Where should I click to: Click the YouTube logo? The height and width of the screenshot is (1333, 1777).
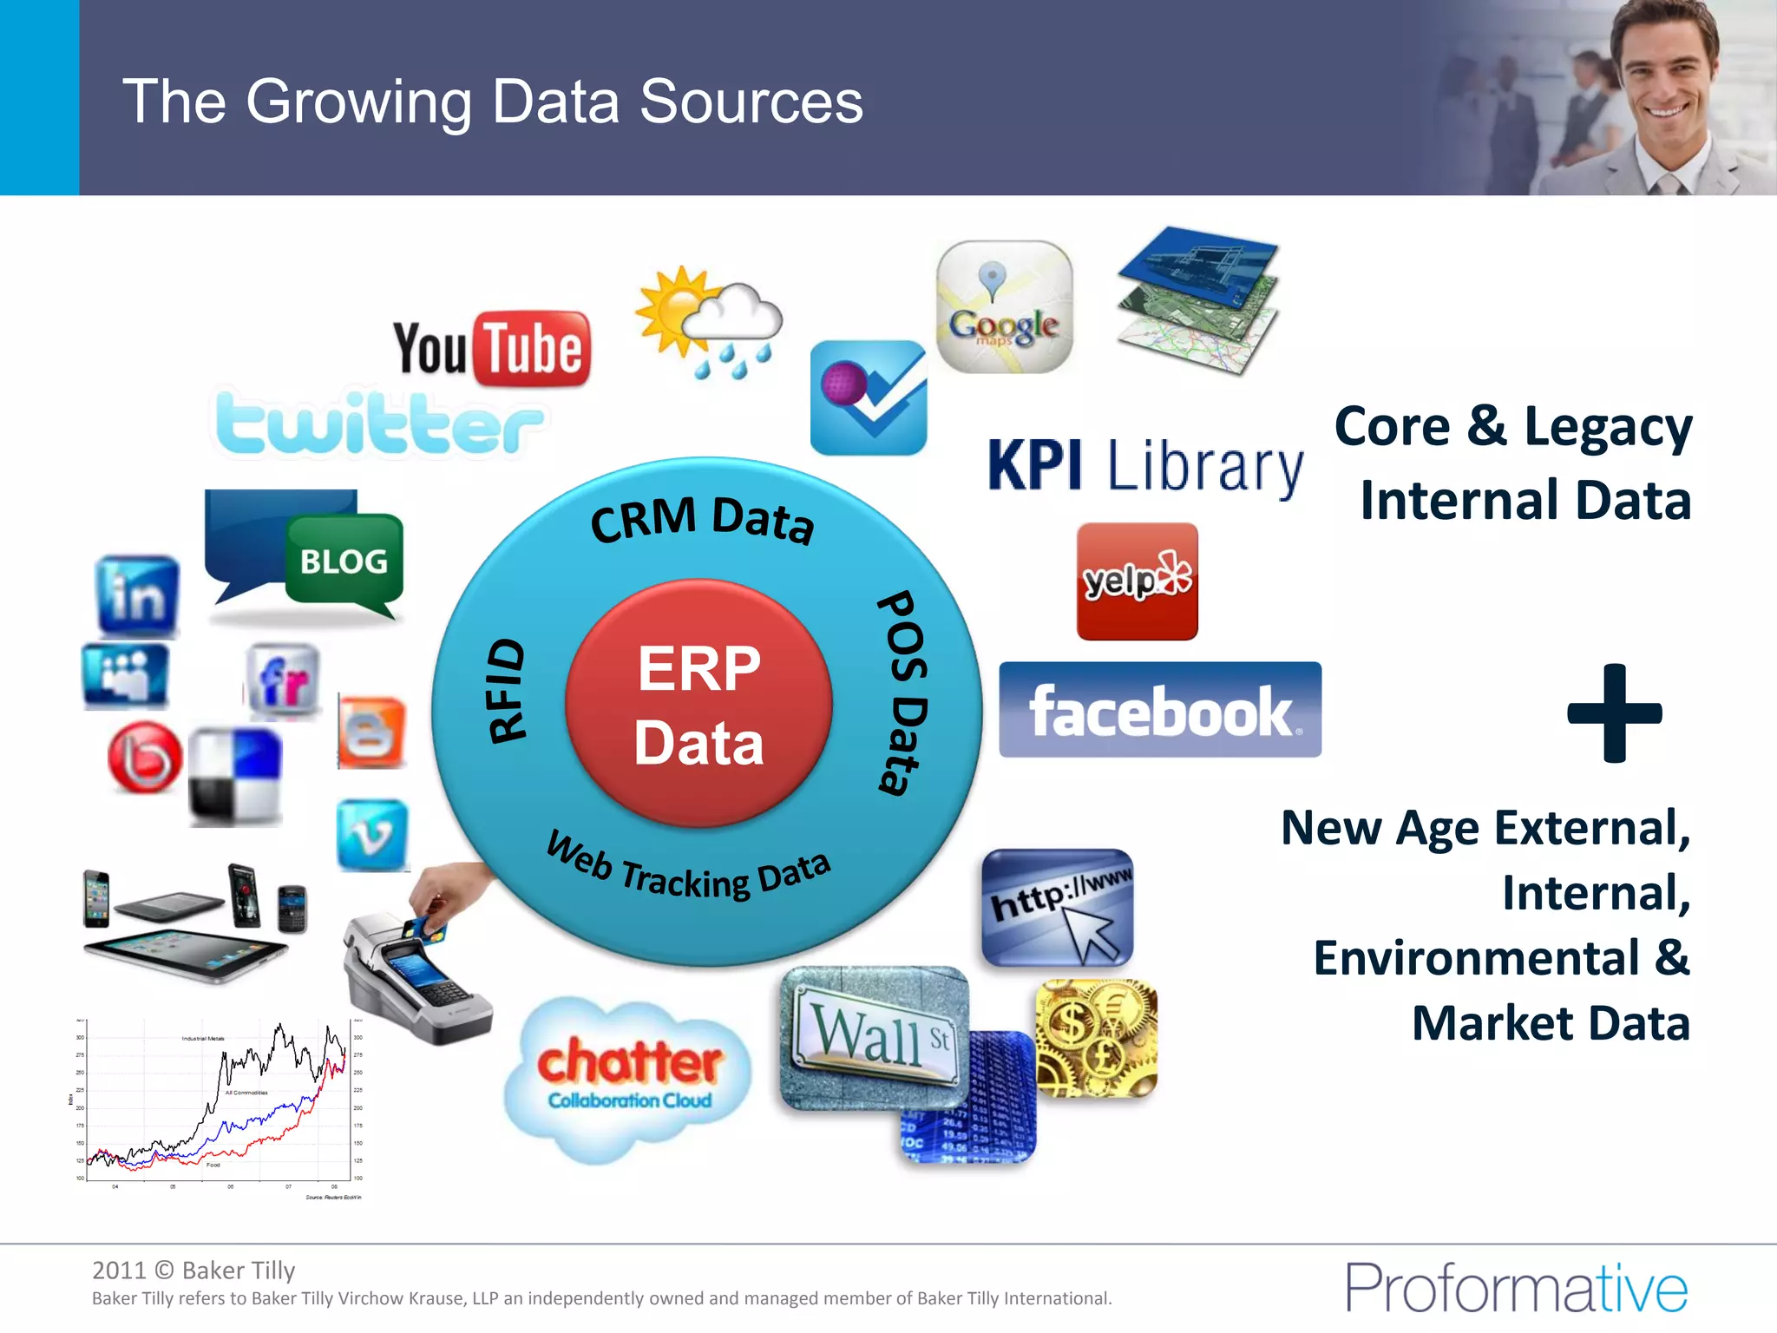[x=492, y=349]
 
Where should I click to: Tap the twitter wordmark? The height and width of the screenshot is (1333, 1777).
[x=378, y=423]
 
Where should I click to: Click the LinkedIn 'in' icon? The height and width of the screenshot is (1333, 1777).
[x=137, y=596]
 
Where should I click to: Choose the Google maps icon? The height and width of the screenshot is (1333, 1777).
[x=1004, y=307]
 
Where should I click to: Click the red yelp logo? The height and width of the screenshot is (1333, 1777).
[x=1137, y=581]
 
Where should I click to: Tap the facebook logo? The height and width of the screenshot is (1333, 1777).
[x=1160, y=710]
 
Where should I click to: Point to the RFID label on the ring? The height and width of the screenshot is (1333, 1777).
[x=506, y=691]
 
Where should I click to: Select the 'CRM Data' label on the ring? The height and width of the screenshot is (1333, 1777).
[x=702, y=519]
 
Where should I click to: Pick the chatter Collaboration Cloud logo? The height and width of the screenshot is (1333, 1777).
[x=629, y=1076]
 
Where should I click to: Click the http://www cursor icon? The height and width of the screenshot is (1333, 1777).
[x=1058, y=908]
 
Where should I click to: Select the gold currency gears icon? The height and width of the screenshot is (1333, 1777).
[x=1097, y=1038]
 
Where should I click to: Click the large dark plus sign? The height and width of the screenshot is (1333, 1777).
[x=1614, y=713]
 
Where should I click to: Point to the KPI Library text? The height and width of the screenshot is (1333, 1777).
[x=1145, y=466]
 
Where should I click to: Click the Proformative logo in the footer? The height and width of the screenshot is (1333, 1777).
[x=1516, y=1288]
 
